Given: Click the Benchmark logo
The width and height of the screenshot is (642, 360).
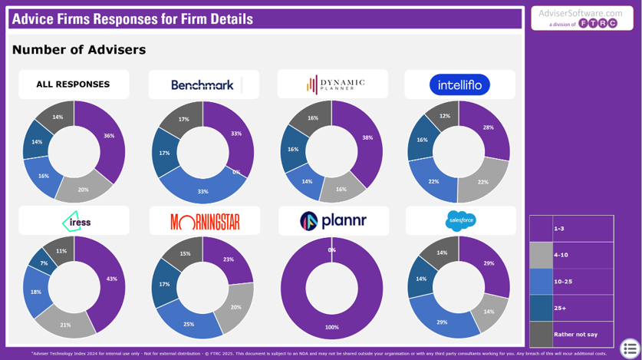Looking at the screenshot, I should point(202,85).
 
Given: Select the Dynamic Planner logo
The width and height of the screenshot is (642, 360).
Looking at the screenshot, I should point(335,84).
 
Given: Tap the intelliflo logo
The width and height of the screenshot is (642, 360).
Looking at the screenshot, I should point(459,84).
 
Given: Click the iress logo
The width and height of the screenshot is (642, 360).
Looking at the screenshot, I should point(76,222).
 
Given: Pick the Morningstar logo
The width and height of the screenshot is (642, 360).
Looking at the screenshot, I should point(205,223).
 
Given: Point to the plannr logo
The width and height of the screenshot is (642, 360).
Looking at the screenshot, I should point(333,221).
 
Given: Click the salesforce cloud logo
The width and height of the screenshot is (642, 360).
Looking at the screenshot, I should point(460,221).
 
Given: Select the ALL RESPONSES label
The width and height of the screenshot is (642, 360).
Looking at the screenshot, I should point(73,84).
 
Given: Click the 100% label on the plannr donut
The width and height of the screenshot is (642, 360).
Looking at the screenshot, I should point(332,328).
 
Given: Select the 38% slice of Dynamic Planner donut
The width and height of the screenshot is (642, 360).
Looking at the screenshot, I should point(368,138).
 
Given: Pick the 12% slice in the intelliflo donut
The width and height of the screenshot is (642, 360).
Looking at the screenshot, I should point(445,116).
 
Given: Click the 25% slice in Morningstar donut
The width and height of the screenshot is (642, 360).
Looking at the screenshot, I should point(189,324).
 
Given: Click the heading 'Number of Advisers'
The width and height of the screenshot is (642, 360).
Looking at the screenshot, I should point(79,50).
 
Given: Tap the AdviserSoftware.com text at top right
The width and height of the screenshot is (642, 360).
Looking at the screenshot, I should point(581,13).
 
